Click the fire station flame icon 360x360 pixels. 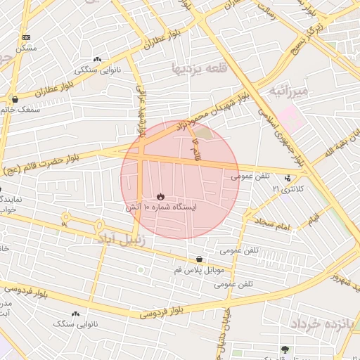tap(161, 197)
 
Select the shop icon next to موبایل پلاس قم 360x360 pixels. tap(200, 259)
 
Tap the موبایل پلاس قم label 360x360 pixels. tap(199, 271)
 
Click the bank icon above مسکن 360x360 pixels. tap(26, 37)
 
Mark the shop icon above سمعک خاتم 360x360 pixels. tap(15, 99)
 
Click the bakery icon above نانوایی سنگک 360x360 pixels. tap(75, 314)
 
